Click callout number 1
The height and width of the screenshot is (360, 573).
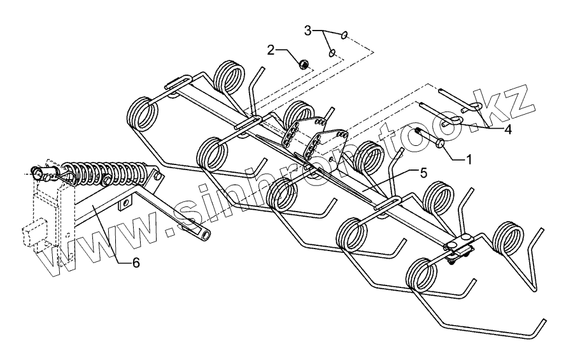pyautogui.click(x=469, y=159)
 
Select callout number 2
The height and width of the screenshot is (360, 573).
pyautogui.click(x=271, y=50)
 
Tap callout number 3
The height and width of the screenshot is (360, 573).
pyautogui.click(x=308, y=30)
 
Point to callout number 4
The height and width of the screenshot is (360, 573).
pyautogui.click(x=507, y=129)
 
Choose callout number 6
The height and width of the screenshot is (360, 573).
pyautogui.click(x=136, y=261)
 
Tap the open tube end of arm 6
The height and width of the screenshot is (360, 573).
pyautogui.click(x=204, y=234)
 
